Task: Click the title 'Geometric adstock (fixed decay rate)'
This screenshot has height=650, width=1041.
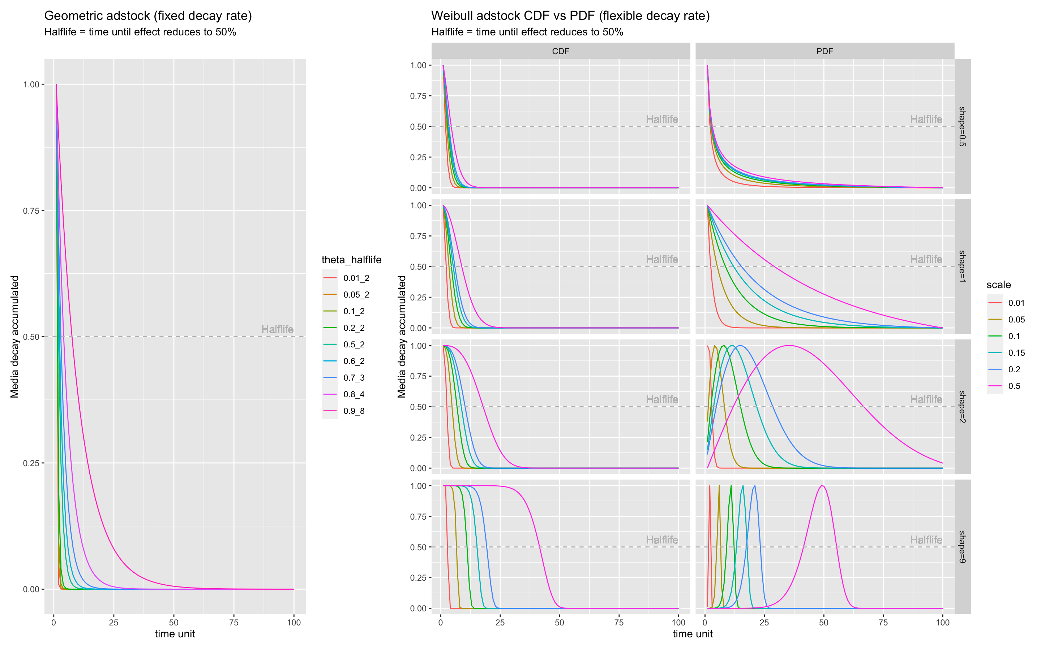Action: tap(148, 16)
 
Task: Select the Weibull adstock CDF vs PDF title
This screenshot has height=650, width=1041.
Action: tap(570, 16)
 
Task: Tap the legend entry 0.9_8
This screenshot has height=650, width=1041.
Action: tap(354, 411)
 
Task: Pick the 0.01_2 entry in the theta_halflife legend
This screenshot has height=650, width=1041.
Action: tap(356, 278)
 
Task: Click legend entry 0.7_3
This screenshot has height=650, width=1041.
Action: tap(354, 378)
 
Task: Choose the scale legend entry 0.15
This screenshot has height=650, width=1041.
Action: tap(1016, 353)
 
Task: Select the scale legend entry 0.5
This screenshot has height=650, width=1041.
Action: tap(1014, 386)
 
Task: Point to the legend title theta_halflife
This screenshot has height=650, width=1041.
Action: tap(351, 260)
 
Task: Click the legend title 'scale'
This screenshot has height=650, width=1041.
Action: tap(998, 285)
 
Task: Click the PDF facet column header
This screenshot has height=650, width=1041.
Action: tap(824, 51)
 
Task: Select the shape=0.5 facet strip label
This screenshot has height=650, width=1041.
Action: tap(962, 126)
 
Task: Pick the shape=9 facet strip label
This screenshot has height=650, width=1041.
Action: tap(962, 547)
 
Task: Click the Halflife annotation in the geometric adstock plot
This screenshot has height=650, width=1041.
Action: tap(278, 329)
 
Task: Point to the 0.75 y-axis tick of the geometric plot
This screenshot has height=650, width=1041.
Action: tap(31, 211)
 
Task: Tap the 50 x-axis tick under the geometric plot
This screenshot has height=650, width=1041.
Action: tap(174, 623)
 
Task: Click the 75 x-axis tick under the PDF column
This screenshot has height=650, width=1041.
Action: tap(883, 623)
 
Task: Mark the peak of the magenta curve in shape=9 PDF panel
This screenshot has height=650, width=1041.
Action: tap(822, 486)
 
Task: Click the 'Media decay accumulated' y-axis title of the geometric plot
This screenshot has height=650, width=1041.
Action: tap(15, 337)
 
